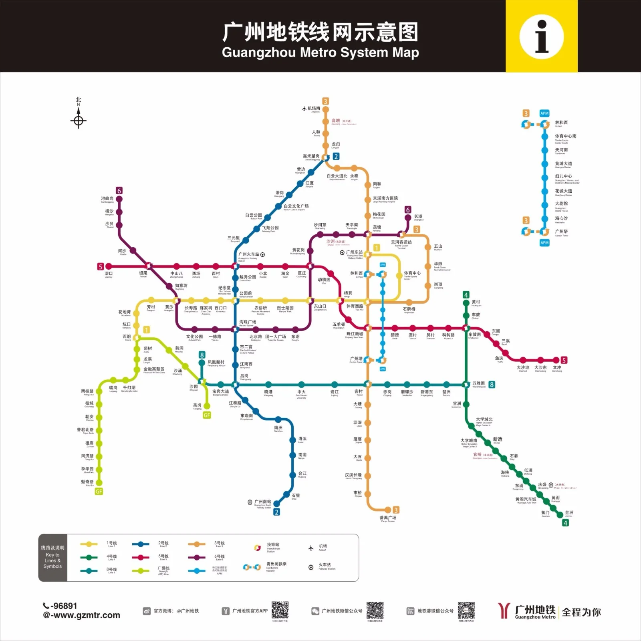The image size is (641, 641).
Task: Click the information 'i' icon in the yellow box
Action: (542, 36)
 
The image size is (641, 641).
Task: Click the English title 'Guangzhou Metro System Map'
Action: (320, 52)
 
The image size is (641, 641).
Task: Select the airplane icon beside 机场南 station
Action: (304, 109)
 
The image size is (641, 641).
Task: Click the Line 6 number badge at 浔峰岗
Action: (119, 191)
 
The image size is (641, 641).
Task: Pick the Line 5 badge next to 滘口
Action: (101, 266)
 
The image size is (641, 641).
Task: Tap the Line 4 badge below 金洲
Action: (565, 523)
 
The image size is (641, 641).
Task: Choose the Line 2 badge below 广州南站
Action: (276, 512)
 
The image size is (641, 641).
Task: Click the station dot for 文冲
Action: (556, 360)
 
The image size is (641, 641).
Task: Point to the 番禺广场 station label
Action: (388, 518)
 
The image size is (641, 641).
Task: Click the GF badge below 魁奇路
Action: (99, 492)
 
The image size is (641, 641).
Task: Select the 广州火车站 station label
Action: (249, 254)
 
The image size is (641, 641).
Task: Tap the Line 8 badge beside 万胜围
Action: (492, 385)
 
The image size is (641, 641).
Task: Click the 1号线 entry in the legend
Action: (112, 544)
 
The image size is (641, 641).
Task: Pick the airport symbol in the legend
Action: (311, 548)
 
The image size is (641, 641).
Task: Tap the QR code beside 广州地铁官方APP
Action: (280, 610)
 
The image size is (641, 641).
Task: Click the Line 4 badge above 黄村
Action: (466, 295)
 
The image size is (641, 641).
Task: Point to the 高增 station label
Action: (336, 121)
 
